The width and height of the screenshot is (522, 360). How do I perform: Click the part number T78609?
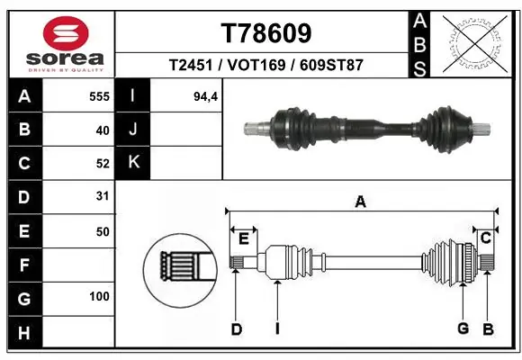(x=265, y=33)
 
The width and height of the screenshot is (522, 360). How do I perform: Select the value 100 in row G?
(x=98, y=296)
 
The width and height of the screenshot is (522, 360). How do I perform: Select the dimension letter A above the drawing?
(x=360, y=202)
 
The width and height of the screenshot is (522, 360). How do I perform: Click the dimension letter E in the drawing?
(x=243, y=238)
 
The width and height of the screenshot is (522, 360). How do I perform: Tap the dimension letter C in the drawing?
(x=485, y=238)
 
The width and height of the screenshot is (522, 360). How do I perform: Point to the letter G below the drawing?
(x=463, y=329)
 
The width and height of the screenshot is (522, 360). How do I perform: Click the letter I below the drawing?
(x=277, y=329)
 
